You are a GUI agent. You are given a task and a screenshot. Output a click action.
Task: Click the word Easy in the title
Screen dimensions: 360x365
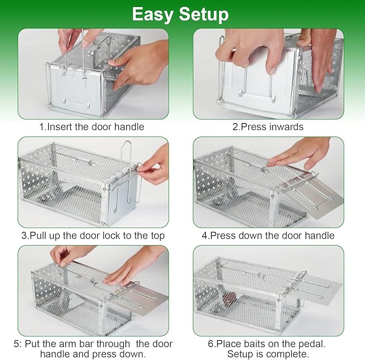click(x=154, y=14)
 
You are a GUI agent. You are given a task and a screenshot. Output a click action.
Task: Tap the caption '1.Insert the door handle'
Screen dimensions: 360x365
click(x=91, y=127)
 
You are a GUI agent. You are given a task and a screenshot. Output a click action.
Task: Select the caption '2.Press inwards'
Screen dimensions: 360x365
click(x=268, y=127)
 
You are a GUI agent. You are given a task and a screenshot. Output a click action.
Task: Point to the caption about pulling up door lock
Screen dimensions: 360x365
click(x=93, y=235)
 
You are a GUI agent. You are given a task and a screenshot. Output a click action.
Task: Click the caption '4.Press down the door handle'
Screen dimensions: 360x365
click(x=268, y=235)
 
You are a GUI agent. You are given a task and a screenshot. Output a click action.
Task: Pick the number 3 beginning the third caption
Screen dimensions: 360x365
click(x=24, y=235)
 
